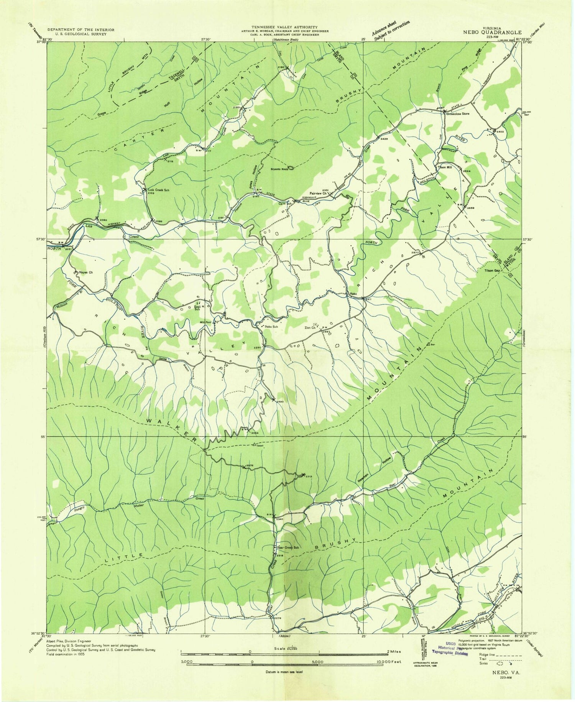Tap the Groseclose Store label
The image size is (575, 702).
[x=458, y=114]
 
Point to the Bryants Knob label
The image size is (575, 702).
[x=279, y=169]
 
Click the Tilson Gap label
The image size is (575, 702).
[x=493, y=270]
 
